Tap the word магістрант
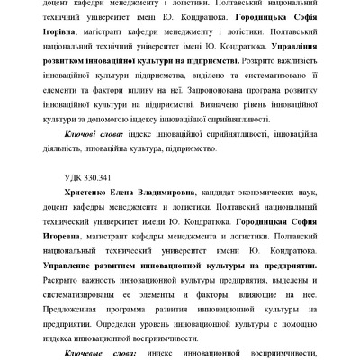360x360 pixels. coord(119,31)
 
